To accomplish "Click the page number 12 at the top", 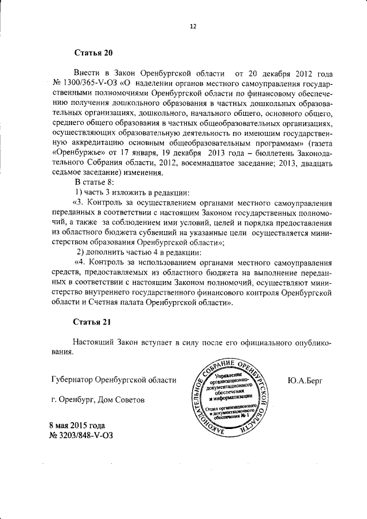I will click(x=193, y=26).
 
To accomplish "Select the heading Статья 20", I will click(x=93, y=53).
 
